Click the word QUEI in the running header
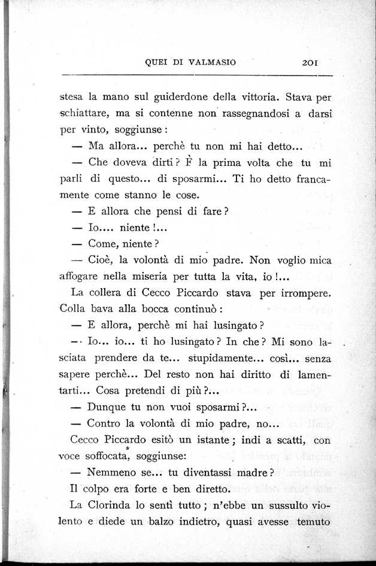tap(157, 62)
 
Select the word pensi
tap(163, 211)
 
